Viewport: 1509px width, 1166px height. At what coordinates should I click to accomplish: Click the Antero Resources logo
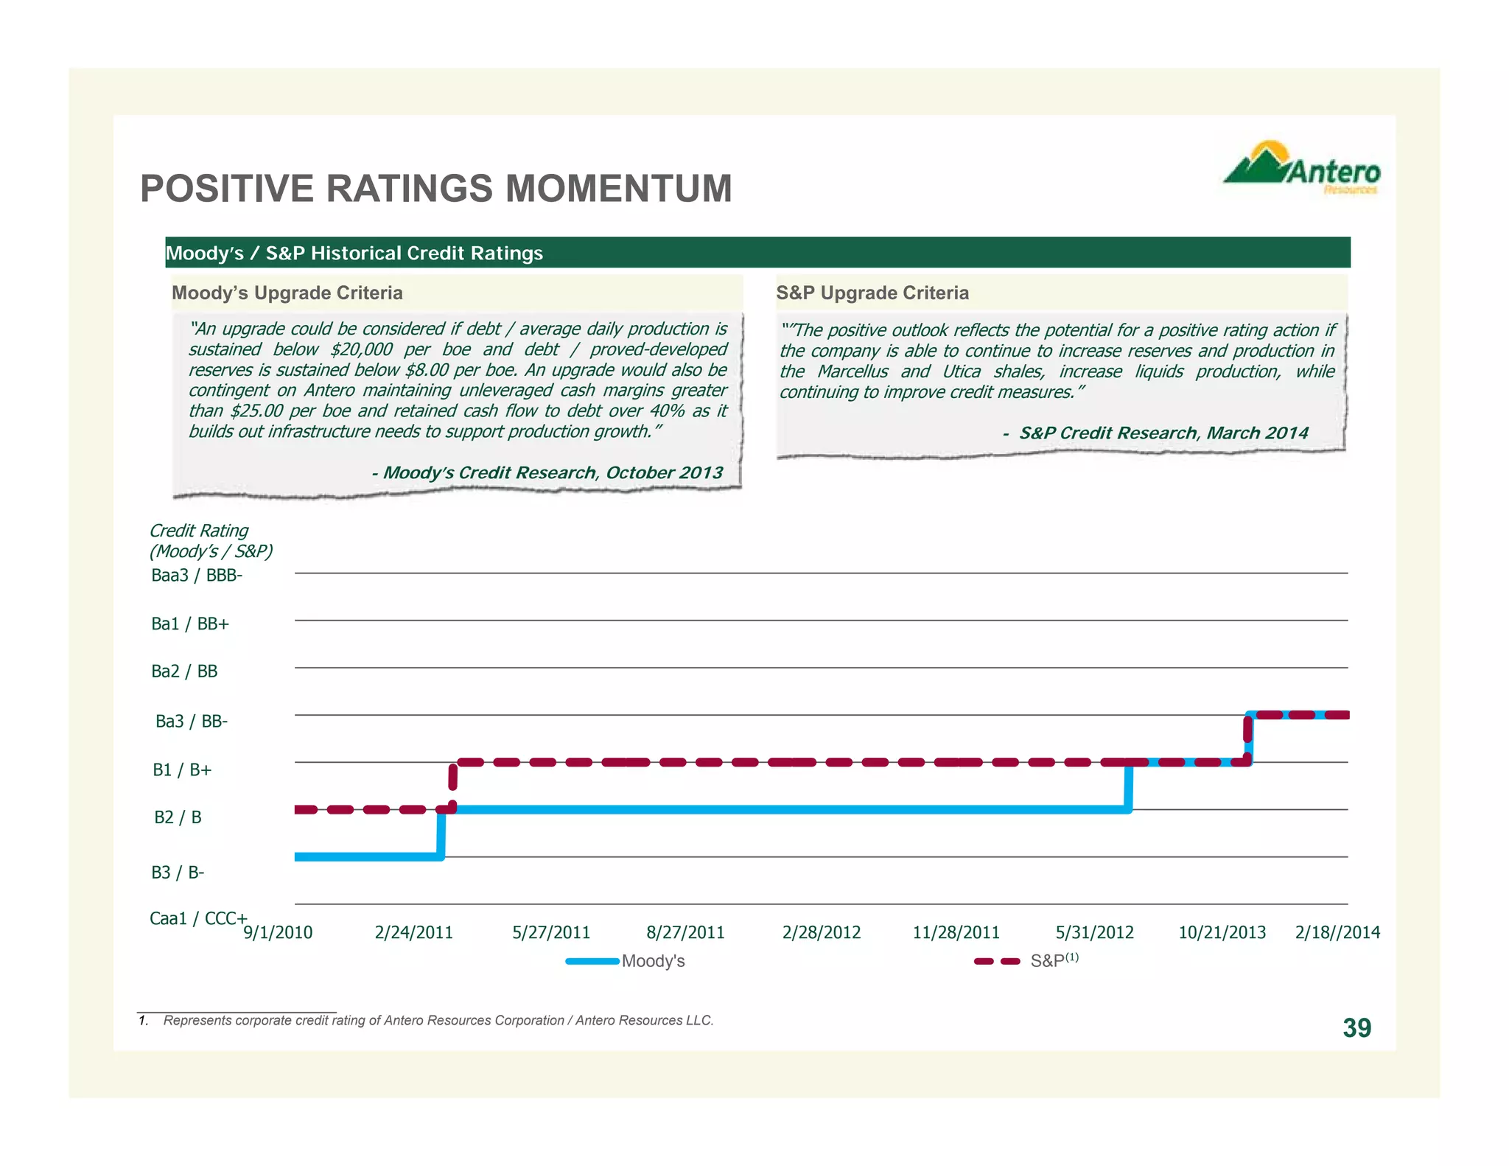1301,168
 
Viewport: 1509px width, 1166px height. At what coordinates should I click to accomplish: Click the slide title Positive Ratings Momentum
436,189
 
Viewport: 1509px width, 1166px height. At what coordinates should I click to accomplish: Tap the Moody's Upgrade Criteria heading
287,293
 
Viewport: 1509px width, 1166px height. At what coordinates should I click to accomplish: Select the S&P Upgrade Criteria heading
872,293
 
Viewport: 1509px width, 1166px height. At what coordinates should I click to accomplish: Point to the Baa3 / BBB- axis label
197,576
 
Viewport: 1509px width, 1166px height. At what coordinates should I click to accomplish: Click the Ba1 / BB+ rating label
190,624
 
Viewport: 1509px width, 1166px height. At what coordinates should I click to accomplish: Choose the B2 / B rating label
178,817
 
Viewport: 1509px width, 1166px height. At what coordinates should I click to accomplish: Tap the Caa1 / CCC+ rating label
198,918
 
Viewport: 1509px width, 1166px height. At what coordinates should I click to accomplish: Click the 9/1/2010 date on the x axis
278,933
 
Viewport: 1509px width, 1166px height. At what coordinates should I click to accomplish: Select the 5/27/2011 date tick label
551,933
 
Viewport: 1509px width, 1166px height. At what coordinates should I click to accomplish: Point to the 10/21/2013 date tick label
1222,933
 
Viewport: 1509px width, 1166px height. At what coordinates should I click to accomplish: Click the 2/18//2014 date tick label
1337,933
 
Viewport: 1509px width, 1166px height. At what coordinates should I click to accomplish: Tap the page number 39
1356,1028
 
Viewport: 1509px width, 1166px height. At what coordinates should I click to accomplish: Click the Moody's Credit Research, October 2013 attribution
547,473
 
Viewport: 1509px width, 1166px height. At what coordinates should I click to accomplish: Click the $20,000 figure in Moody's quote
361,349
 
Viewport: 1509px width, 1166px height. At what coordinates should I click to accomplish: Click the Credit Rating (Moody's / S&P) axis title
211,541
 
